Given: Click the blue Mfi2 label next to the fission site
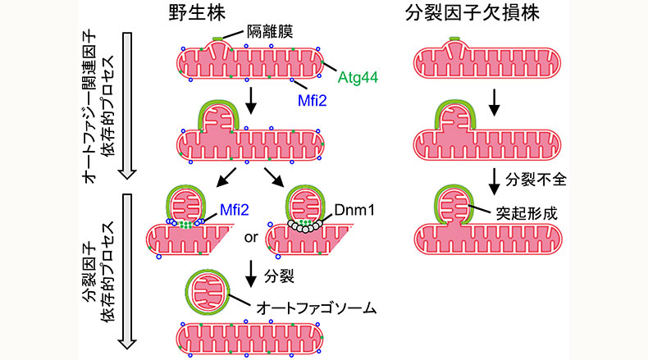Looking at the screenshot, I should pyautogui.click(x=233, y=210).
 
